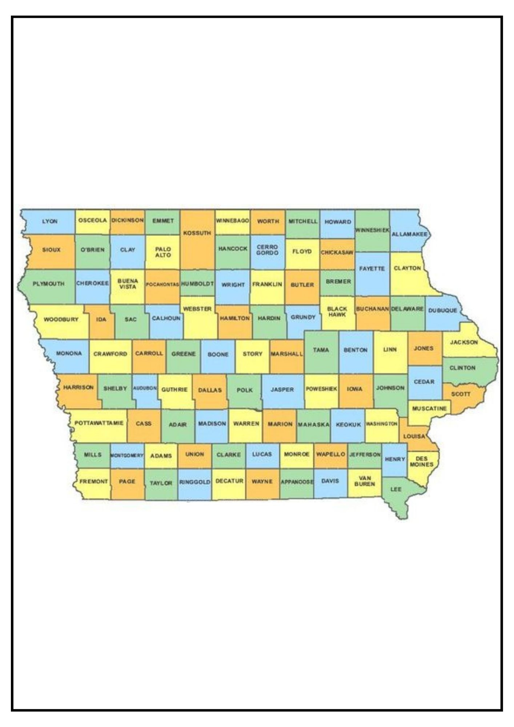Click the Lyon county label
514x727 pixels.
pos(50,221)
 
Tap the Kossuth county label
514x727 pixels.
pos(197,233)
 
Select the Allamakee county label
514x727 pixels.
pos(409,234)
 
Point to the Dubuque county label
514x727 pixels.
pos(442,310)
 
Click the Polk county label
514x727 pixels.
pos(245,390)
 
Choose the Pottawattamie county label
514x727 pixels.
pos(99,423)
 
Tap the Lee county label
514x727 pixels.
pos(396,489)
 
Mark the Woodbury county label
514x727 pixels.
pos(61,320)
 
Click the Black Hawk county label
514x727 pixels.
pos(337,312)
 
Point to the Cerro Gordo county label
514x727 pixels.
pos(267,250)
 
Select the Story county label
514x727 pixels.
pos(252,354)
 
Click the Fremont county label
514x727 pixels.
pos(93,481)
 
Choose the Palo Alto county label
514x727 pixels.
pos(163,252)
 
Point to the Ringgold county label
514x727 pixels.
pos(195,482)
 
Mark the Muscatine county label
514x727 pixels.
pos(429,409)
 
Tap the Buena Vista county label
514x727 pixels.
pos(128,284)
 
